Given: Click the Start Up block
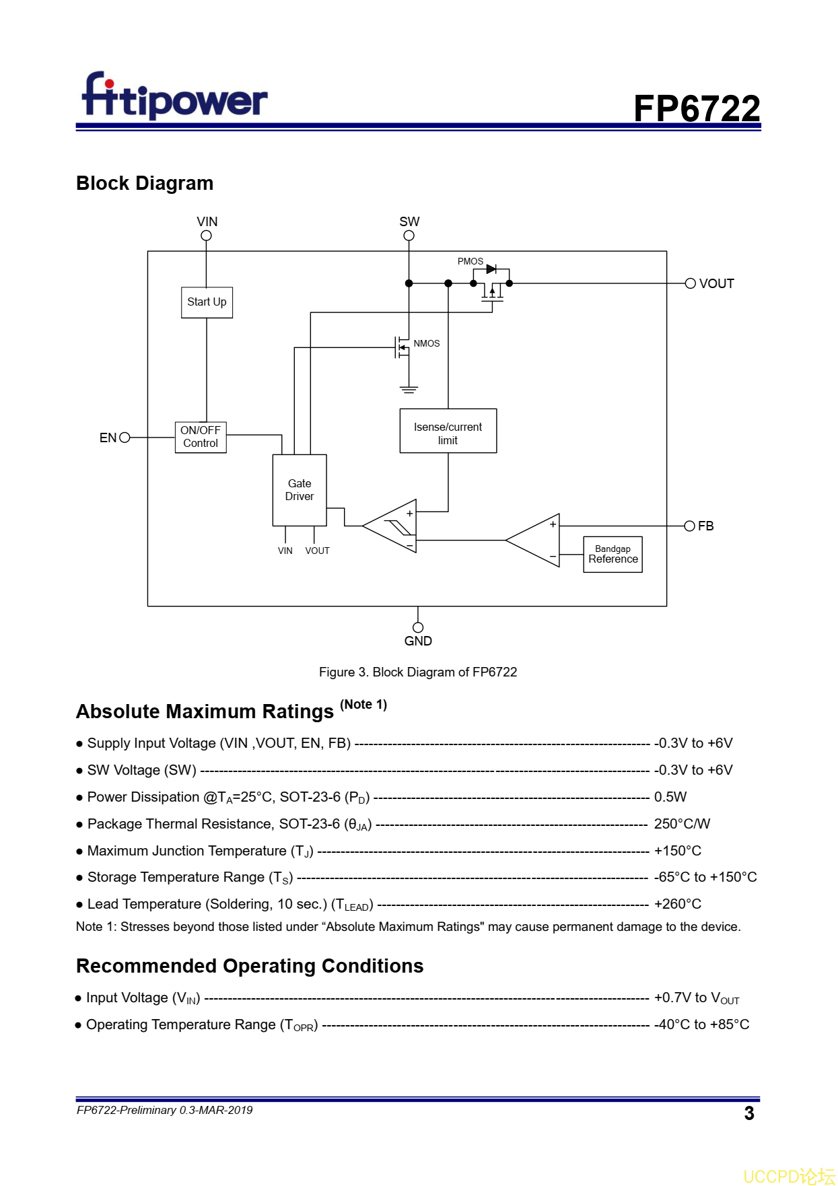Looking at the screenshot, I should tap(207, 302).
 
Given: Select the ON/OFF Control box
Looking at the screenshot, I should tap(201, 437).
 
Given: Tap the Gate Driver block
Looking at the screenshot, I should tap(300, 490).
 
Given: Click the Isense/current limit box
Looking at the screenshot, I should tap(448, 431).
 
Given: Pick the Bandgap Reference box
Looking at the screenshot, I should tap(613, 554).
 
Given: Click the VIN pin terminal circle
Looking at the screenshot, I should tap(207, 236).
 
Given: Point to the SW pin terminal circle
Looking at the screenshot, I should tap(409, 236).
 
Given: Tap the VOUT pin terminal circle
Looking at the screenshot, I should tap(690, 283).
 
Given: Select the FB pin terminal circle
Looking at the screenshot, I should tap(689, 526).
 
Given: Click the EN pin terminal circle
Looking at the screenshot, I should tap(125, 438).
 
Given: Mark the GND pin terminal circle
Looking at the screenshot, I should tap(418, 627).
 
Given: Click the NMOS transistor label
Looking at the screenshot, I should tap(427, 343).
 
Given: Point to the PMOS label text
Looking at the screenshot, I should tap(470, 261).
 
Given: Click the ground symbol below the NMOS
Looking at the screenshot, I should tap(409, 389).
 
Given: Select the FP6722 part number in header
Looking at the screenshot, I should tap(697, 108).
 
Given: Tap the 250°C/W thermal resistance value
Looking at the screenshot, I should tap(682, 824).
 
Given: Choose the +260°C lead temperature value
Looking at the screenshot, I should tap(677, 904).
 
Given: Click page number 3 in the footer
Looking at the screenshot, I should tap(749, 1113).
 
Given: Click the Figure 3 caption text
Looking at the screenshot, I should tap(418, 672).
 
